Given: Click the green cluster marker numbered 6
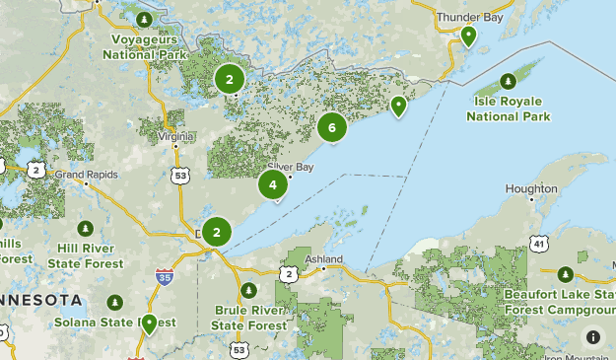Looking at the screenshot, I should (332, 127).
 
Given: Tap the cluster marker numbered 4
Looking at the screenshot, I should (273, 184).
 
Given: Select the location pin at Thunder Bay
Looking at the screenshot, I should (469, 36).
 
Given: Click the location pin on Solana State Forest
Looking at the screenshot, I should (150, 323).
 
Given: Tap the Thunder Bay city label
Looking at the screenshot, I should (469, 17).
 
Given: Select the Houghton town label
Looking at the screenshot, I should (531, 188).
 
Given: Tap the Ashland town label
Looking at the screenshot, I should (323, 259).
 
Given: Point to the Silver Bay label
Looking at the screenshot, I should (290, 167).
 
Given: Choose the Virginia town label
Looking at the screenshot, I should (175, 135).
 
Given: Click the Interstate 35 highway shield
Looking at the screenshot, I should (164, 278).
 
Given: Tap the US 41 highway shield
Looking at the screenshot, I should (537, 243).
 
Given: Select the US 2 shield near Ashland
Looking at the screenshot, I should (287, 273).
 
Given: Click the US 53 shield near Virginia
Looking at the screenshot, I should (179, 175).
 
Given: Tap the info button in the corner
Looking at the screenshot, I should (593, 336).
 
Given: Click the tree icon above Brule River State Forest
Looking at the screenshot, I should (249, 290).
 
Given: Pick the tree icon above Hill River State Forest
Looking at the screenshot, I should (90, 228).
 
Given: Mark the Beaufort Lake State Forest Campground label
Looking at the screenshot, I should (560, 301).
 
